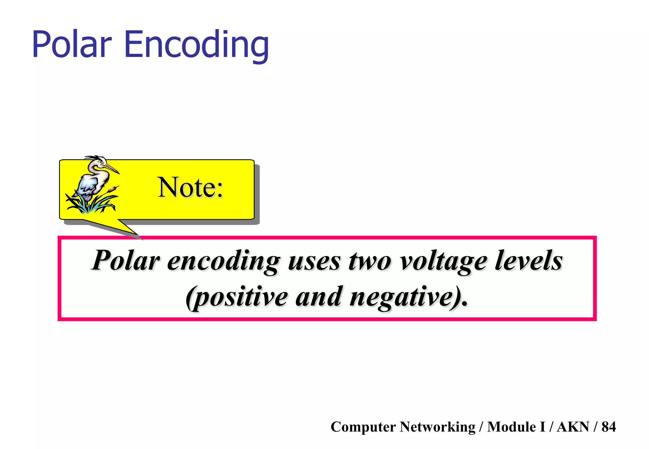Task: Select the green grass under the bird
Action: click(92, 204)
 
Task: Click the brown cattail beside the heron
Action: click(112, 190)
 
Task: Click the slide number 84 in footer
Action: click(608, 427)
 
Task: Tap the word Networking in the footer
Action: click(437, 427)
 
